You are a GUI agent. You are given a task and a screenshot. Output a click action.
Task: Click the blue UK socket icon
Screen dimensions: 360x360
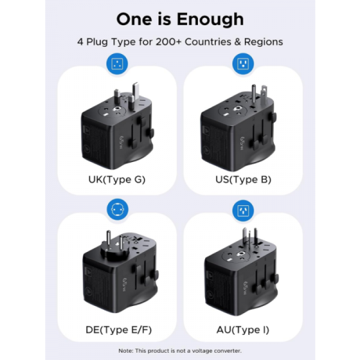tap(117, 64)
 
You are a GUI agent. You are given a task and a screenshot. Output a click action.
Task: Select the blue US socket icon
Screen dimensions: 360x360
tap(242, 64)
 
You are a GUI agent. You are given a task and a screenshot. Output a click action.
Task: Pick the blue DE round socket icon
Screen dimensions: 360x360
tap(117, 209)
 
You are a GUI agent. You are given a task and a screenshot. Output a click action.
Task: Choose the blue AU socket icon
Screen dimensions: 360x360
tap(242, 209)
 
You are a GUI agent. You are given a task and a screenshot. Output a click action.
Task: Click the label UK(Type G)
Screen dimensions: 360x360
tap(117, 179)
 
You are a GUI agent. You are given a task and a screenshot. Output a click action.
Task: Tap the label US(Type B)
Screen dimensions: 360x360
tap(242, 179)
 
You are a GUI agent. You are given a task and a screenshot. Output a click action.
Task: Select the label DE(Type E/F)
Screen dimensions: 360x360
tap(117, 329)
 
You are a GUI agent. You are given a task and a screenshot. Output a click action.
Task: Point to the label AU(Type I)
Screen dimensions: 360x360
tap(242, 329)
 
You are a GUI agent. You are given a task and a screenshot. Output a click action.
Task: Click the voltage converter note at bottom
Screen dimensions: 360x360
tap(180, 350)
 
